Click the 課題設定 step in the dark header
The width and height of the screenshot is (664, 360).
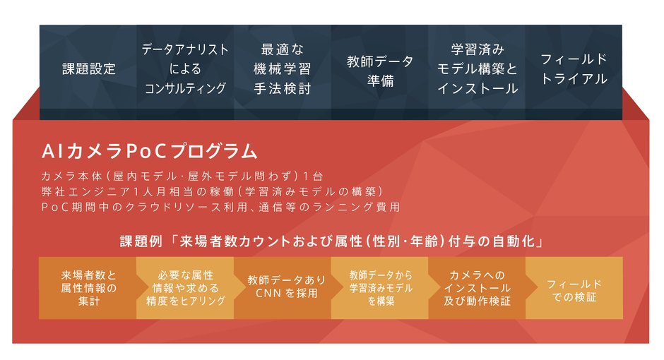[89, 69]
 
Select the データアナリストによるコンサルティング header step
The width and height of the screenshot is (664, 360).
[186, 69]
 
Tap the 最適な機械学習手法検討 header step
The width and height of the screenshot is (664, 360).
[283, 69]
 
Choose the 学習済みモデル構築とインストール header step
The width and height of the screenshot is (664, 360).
[477, 69]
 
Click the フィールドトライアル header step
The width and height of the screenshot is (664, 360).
[574, 69]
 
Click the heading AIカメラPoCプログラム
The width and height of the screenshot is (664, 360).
[149, 151]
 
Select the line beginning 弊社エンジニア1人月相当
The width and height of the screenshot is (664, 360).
[212, 191]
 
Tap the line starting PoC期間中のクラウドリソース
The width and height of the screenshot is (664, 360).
[220, 207]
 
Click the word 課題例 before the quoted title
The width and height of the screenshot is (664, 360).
[140, 241]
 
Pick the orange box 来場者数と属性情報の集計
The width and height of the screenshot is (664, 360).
[88, 288]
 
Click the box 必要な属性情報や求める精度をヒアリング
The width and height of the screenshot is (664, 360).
[186, 288]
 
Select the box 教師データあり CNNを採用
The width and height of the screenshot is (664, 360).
[283, 288]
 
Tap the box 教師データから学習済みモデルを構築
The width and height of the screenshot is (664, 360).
[380, 288]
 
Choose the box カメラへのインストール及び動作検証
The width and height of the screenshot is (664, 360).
[477, 288]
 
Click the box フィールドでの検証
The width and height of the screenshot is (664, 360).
[574, 288]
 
